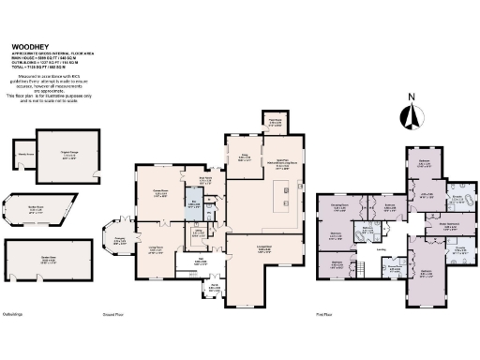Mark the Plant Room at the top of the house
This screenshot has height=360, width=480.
click(x=276, y=120)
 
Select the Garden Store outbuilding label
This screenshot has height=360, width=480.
click(x=37, y=253)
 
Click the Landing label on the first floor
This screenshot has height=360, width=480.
click(x=382, y=249)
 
